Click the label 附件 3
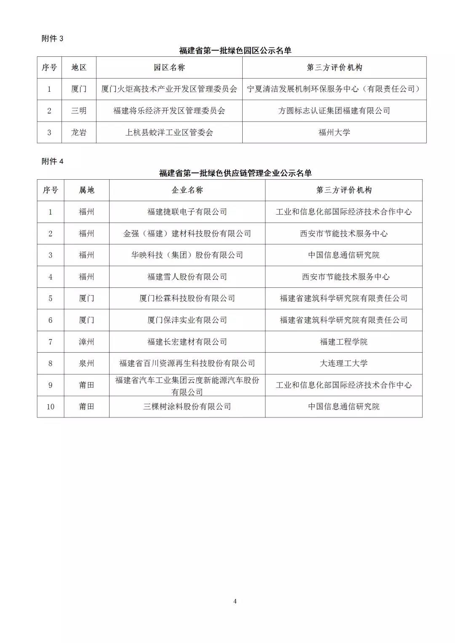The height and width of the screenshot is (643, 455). pos(52,39)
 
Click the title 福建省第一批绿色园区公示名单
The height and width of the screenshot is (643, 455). pos(235,50)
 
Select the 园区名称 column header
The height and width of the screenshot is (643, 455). pos(169,68)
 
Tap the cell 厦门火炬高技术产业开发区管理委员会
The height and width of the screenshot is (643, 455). pos(169,89)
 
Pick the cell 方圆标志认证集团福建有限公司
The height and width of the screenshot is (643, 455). pos(334,111)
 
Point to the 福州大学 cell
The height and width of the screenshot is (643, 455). pos(334,133)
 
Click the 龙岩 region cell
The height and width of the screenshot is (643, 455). pos(79,133)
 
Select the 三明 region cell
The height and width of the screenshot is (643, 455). pos(79,111)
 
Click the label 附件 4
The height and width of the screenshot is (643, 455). pos(52,161)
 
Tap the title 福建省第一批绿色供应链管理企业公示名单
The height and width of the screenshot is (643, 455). pos(235,173)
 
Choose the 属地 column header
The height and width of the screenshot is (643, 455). pos(86,190)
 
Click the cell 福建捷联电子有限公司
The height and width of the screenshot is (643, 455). pos(187,212)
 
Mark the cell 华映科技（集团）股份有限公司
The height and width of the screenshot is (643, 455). pos(187,255)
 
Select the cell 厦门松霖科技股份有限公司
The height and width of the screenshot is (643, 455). pos(187,298)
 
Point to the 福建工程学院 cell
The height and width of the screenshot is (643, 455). pos(343,342)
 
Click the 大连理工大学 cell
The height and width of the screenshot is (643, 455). pos(343,363)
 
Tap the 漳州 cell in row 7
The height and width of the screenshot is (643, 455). pos(86,342)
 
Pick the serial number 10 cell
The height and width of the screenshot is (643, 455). pos(51,407)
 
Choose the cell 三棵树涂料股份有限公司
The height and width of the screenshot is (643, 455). pos(187,407)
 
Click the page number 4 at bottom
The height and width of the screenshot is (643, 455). pos(235,601)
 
